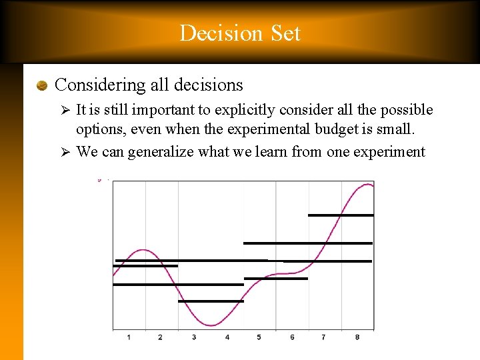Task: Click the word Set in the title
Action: (282, 33)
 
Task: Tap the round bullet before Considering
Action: (42, 85)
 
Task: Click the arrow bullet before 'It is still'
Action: (65, 110)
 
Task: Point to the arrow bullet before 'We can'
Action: (65, 152)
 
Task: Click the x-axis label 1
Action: (129, 337)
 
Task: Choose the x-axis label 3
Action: (194, 337)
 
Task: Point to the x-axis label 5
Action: (259, 337)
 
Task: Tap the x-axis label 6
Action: (292, 337)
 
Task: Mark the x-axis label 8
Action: (357, 337)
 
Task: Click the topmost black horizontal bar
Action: (341, 215)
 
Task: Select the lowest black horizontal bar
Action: (211, 301)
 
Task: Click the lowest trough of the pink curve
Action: (211, 325)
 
